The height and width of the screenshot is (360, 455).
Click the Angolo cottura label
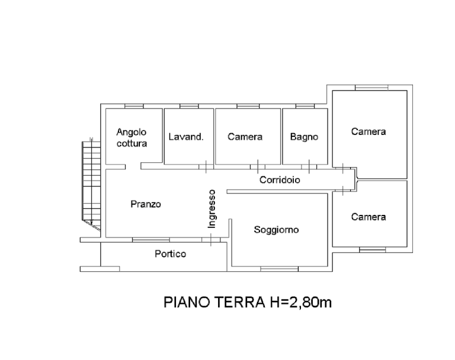pyautogui.click(x=132, y=138)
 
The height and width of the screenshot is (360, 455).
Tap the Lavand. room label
pyautogui.click(x=186, y=137)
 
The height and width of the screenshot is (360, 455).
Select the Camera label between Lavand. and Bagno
pyautogui.click(x=245, y=137)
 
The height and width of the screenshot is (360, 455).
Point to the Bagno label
pyautogui.click(x=305, y=137)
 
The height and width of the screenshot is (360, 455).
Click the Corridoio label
pyautogui.click(x=280, y=180)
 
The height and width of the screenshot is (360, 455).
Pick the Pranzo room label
pyautogui.click(x=146, y=205)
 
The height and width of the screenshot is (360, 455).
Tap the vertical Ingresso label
pyautogui.click(x=212, y=208)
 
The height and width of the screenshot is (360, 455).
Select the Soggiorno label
pyautogui.click(x=276, y=230)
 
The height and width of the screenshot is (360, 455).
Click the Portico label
pyautogui.click(x=171, y=254)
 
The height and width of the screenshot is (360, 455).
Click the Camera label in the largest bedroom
pyautogui.click(x=369, y=131)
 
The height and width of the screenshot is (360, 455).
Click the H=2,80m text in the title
pyautogui.click(x=302, y=303)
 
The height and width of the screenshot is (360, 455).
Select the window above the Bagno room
pyautogui.click(x=303, y=106)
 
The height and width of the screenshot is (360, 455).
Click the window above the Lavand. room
pyautogui.click(x=188, y=106)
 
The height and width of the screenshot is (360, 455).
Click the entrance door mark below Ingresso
pyautogui.click(x=211, y=240)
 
